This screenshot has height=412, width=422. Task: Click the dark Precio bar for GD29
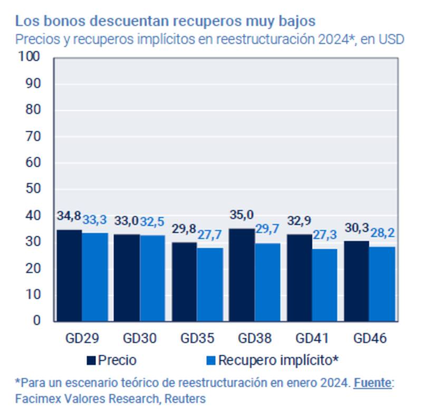69,275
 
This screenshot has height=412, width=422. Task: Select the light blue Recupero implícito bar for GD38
268,282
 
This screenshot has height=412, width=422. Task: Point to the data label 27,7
210,235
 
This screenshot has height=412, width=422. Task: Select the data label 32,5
152,221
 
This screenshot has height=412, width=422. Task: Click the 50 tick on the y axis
32,189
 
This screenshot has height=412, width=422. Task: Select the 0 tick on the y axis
36,320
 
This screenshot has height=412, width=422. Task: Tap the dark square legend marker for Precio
92,361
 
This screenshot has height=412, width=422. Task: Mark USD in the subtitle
394,39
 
